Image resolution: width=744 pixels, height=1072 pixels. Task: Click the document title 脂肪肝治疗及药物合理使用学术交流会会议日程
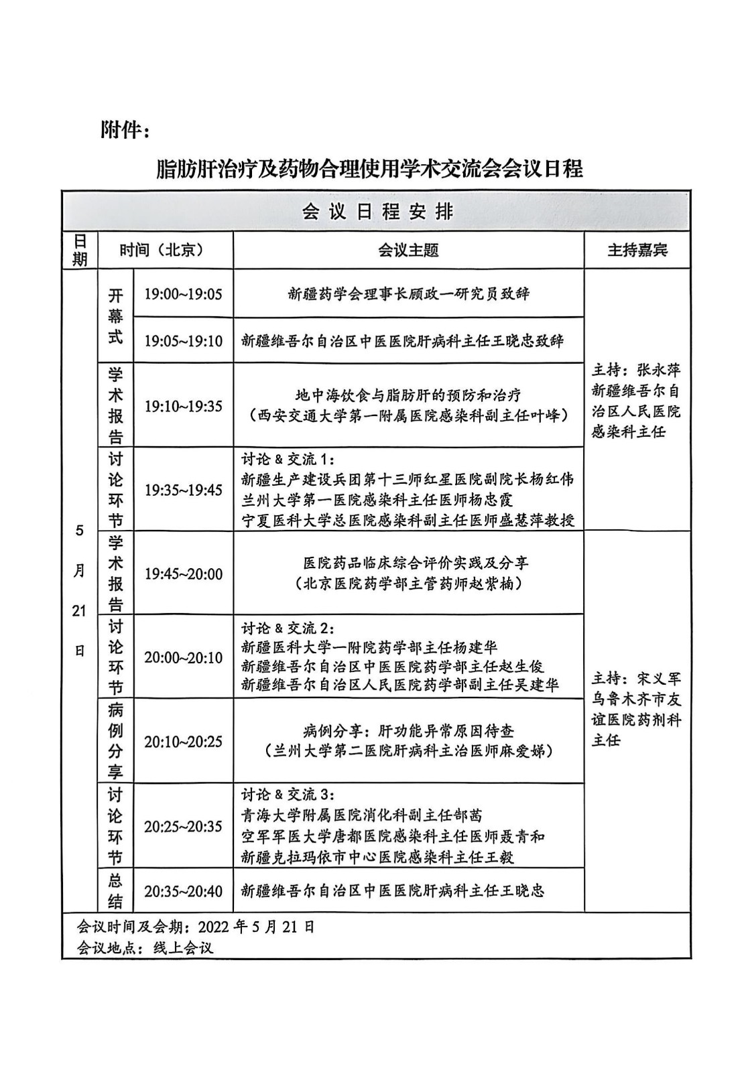point(370,168)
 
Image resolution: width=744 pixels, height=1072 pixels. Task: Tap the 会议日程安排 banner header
point(377,212)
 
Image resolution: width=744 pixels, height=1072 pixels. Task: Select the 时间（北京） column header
point(161,250)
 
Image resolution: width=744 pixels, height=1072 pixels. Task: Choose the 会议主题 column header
point(408,251)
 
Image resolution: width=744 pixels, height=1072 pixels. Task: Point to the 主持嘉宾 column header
point(637,251)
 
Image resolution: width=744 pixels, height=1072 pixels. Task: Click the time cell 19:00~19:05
point(183,294)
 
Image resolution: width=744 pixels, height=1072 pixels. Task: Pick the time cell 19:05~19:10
point(183,340)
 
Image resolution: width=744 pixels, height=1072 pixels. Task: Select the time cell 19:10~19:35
point(183,406)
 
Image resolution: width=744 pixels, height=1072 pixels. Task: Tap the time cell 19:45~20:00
point(183,574)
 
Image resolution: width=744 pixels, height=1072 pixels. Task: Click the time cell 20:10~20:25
point(183,741)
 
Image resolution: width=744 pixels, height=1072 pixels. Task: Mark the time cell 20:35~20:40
point(183,891)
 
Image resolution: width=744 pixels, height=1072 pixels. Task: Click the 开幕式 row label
point(116,316)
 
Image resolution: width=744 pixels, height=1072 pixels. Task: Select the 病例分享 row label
point(116,740)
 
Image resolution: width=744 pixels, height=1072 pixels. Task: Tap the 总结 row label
point(116,891)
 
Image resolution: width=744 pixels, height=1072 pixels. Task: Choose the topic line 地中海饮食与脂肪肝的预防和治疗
point(408,395)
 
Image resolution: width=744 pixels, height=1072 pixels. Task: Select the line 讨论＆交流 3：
point(288,795)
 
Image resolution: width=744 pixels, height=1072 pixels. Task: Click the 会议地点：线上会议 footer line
point(145,948)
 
